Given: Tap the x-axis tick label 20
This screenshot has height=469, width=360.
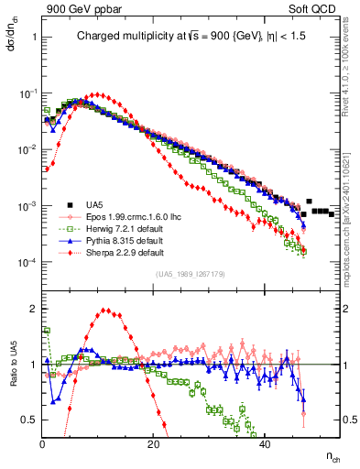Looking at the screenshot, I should point(154,444).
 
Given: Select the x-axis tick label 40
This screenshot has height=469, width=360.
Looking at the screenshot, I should point(265,444).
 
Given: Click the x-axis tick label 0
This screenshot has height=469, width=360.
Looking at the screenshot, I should point(43,444).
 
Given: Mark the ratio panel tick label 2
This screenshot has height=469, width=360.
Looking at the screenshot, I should point(34,309).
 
